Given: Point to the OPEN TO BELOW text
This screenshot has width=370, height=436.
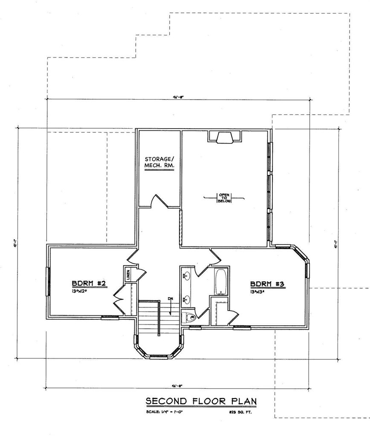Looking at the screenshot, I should pos(224,198).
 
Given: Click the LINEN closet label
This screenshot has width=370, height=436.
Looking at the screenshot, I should pos(127,275).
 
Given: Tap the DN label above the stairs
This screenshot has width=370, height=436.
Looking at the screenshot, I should pos(170,298).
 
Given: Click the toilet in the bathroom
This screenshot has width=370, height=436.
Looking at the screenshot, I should pos(188,317).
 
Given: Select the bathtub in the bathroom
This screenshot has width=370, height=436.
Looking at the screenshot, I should pos(221,281).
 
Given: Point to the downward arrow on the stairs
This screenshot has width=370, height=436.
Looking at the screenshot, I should pos(170,310).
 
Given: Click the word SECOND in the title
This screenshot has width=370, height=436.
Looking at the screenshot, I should pos(164,401).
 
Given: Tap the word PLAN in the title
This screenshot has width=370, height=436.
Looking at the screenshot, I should pos(244,401).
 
